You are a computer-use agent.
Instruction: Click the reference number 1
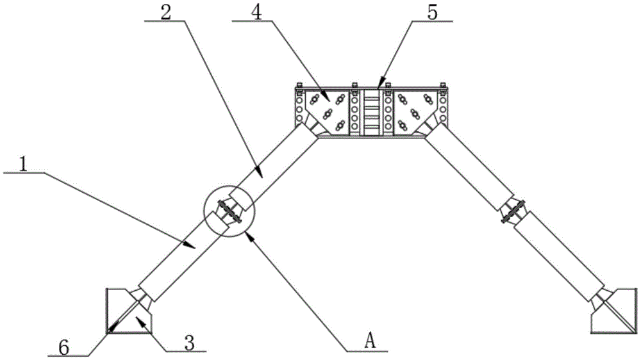pos(23,164)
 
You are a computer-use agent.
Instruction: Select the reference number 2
pos(166,13)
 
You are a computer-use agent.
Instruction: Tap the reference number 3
pos(189,343)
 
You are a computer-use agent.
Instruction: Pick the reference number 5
pos(432,13)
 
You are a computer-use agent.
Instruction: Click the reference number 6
pos(64,348)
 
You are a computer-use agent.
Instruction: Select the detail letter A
pos(370,341)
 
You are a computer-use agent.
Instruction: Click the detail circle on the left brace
pos(229,211)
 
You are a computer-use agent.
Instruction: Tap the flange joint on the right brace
pos(513,211)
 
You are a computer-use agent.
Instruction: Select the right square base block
pos(614,311)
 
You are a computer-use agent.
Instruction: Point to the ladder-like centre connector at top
pos(372,112)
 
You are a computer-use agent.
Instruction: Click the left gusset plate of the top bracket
pos(327,111)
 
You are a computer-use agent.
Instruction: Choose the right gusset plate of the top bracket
pos(415,111)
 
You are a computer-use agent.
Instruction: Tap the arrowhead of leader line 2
pos(258,171)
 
